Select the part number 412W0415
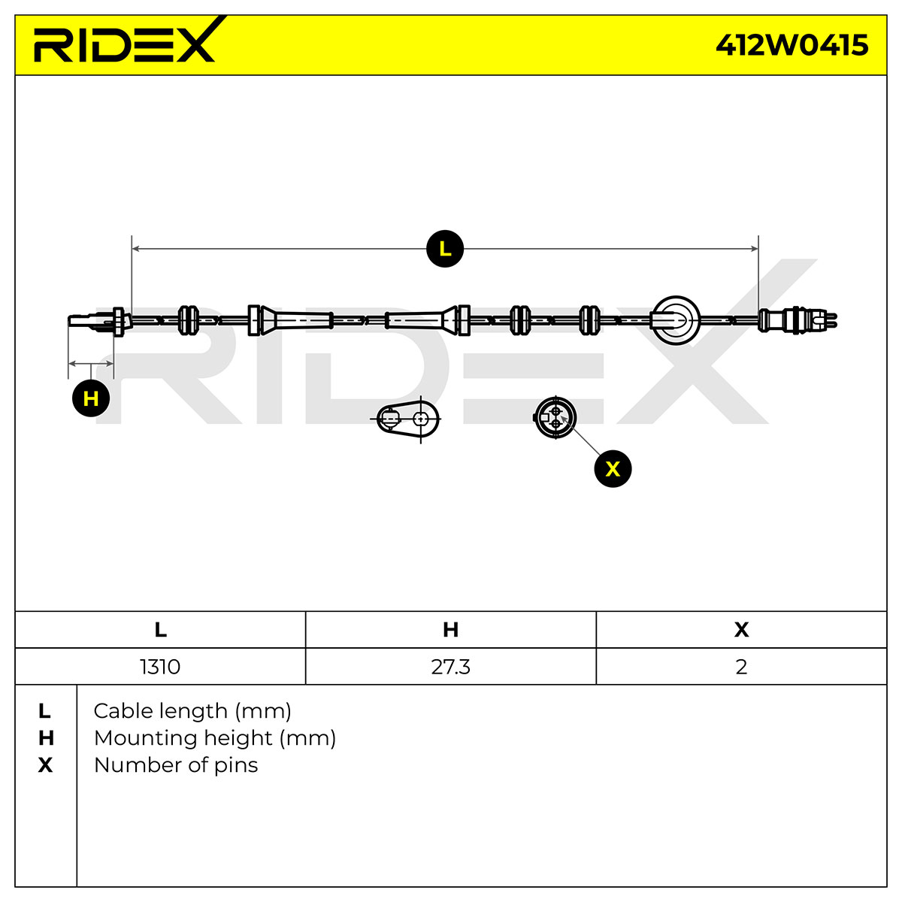tap(792, 45)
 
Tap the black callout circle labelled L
tap(445, 249)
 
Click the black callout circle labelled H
tap(91, 398)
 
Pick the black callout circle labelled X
tap(613, 468)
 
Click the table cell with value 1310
tap(160, 667)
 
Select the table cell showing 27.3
tap(450, 667)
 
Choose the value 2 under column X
tap(741, 667)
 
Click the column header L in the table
tap(160, 630)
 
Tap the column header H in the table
tap(450, 630)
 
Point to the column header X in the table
tap(741, 630)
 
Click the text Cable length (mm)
tap(192, 711)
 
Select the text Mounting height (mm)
tap(215, 738)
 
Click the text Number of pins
tap(176, 765)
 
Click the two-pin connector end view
tap(555, 417)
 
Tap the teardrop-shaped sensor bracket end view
tap(407, 419)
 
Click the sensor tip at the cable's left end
tap(99, 321)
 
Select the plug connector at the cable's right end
tap(798, 320)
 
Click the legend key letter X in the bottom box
tap(45, 765)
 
